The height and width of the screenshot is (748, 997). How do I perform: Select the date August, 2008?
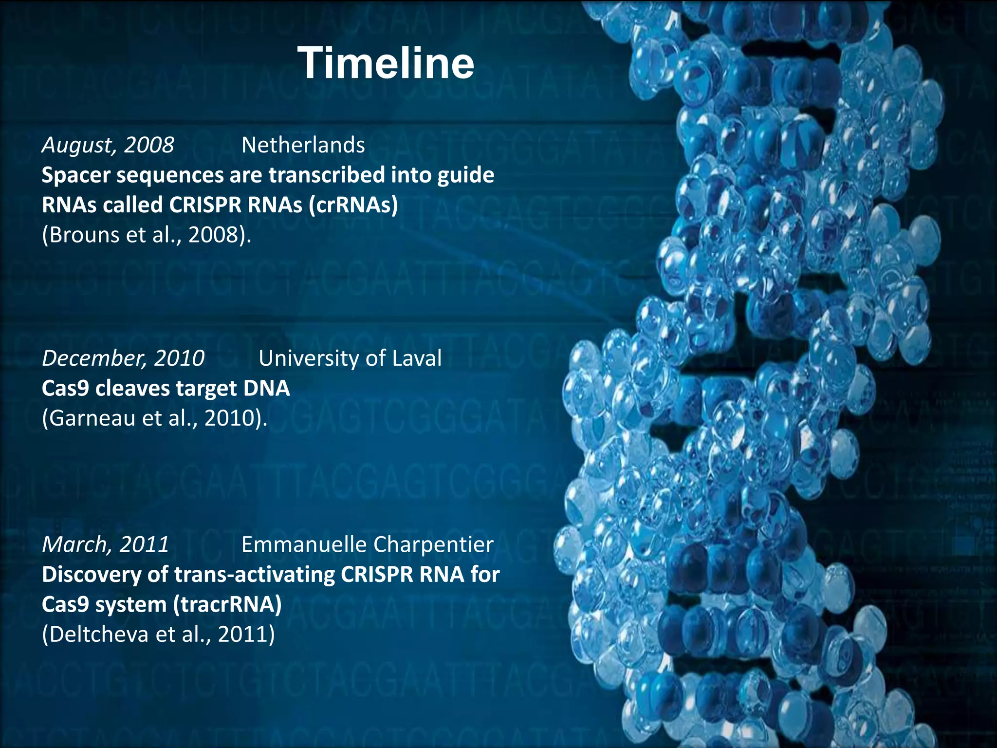[108, 145]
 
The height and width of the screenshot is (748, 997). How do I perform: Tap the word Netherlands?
[303, 145]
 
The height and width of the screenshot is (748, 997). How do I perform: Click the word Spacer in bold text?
[76, 175]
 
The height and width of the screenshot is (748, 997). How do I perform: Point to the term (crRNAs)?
[353, 205]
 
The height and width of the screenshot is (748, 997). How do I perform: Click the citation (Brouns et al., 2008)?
[147, 235]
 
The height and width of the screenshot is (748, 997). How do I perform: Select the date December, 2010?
[123, 358]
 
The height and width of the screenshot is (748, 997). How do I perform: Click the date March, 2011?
[106, 544]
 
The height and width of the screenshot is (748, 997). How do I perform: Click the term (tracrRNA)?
[228, 605]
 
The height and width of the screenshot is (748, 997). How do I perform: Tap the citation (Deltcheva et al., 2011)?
[159, 635]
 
